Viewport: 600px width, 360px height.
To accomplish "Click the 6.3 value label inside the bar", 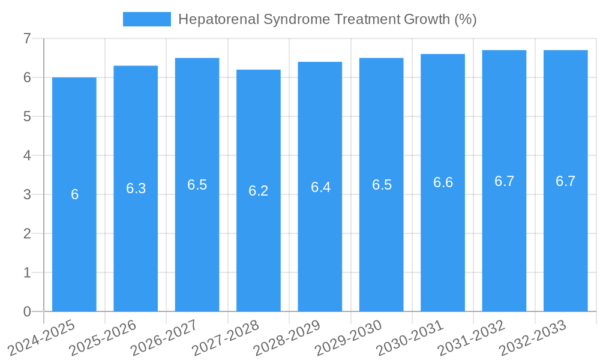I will [x=136, y=188].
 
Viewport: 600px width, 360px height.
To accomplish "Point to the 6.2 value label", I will [x=259, y=191].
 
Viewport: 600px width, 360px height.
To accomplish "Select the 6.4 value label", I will [x=320, y=187].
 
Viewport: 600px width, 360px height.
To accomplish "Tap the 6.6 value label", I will [x=443, y=183].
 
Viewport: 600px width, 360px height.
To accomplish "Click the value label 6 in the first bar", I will [x=74, y=194].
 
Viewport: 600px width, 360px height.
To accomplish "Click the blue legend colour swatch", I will [x=146, y=19].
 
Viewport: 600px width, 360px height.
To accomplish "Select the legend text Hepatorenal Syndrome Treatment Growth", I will [x=327, y=19].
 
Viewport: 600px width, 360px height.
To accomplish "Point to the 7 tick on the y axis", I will [x=27, y=38].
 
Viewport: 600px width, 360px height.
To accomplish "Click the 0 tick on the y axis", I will [x=27, y=311].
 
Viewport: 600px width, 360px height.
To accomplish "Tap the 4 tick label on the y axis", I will [x=27, y=155].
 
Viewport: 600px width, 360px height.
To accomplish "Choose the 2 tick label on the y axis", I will [x=27, y=233].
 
